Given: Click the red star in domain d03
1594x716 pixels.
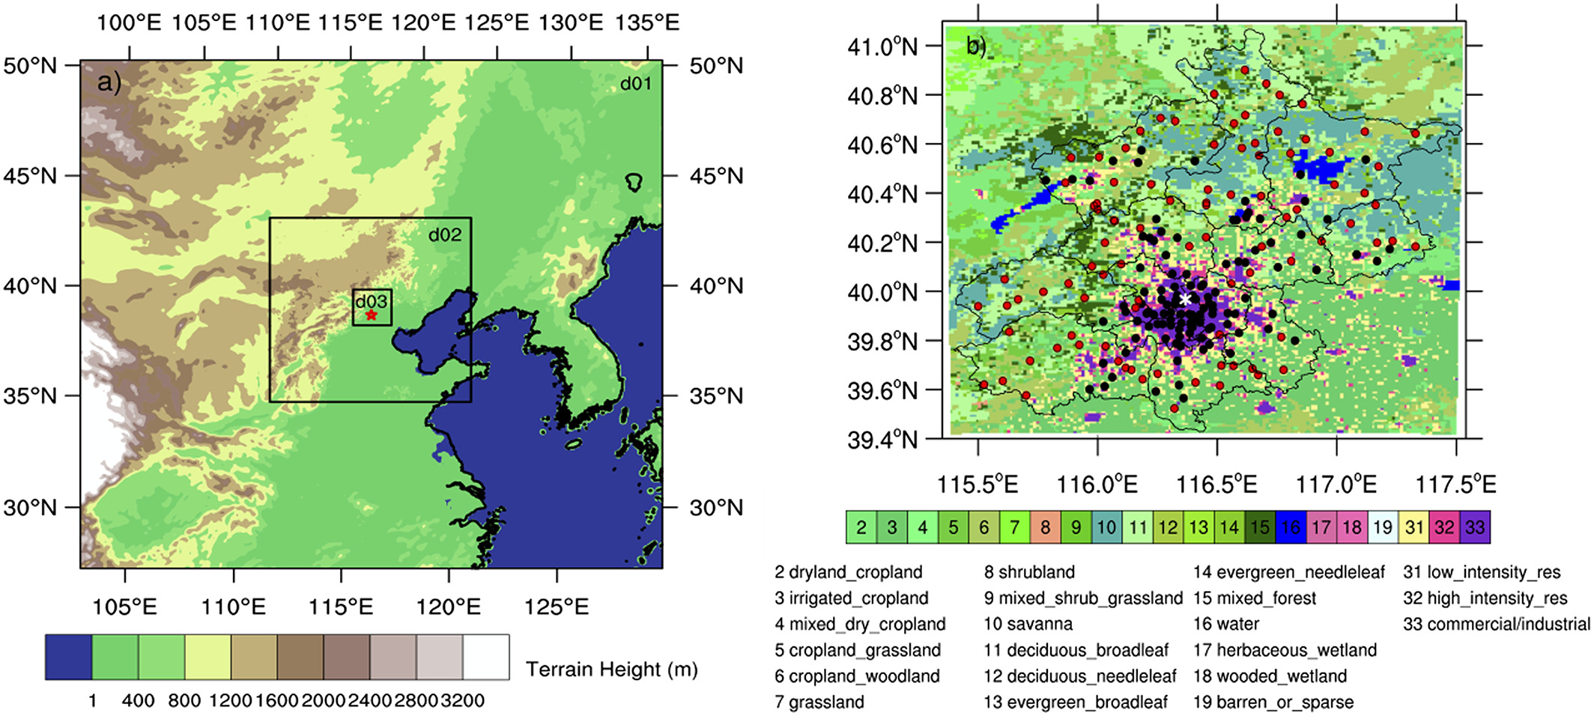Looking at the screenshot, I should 372,315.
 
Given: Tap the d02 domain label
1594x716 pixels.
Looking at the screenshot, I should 444,234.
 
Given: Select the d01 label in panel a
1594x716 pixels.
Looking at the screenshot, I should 635,83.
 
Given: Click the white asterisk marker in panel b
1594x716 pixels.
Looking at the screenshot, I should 1185,300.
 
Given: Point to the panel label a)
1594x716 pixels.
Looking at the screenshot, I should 109,82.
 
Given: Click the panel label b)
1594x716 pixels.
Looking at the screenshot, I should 976,46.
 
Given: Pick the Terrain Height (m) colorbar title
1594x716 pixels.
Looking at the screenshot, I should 611,668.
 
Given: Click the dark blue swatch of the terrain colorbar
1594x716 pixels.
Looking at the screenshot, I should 68,657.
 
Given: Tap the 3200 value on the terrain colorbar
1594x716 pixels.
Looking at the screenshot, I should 462,701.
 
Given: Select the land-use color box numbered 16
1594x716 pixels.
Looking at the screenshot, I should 1291,527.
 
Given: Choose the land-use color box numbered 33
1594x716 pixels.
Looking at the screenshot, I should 1475,527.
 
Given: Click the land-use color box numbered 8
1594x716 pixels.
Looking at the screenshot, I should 1045,527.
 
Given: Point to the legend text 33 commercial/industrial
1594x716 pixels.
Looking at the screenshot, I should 1496,624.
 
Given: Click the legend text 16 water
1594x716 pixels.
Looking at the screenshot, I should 1225,624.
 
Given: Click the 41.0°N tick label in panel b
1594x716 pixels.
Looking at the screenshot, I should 882,46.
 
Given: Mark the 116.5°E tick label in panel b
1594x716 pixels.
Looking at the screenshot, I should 1216,485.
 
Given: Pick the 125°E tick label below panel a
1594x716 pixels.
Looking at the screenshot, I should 557,606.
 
